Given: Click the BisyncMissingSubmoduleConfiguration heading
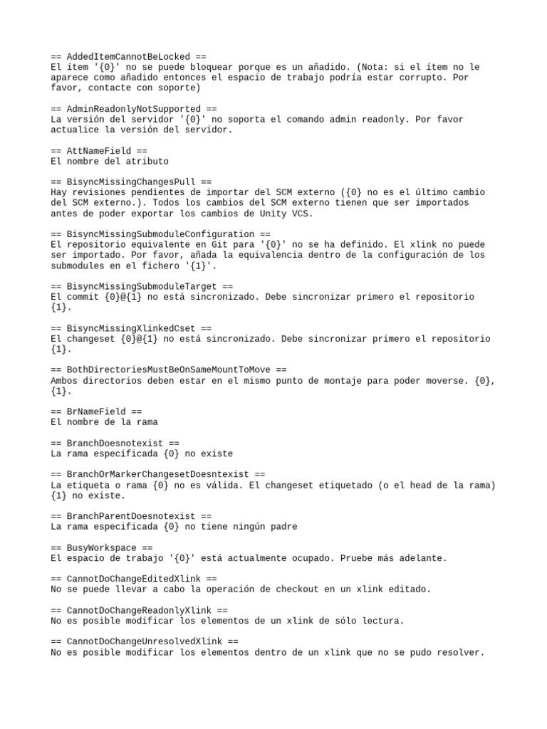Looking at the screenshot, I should pos(161,234).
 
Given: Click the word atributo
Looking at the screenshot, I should pos(145,162).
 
